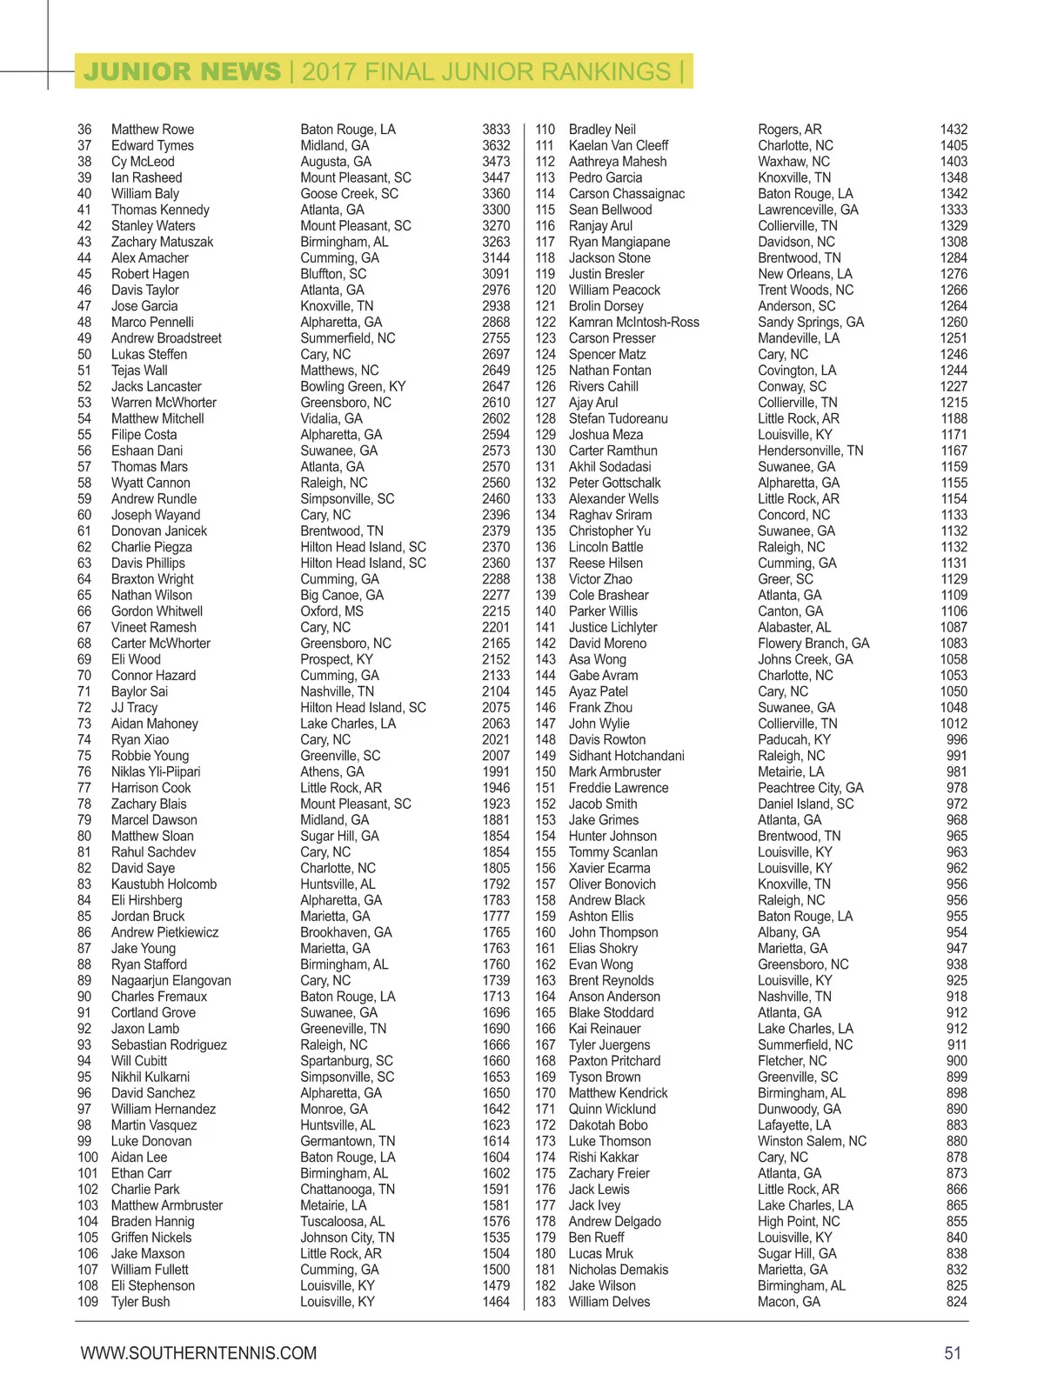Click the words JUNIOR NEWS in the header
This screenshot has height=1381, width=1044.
coord(182,71)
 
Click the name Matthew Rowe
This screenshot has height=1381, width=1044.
coord(152,130)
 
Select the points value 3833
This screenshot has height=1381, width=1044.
coord(496,130)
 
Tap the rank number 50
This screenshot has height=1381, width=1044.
coord(84,354)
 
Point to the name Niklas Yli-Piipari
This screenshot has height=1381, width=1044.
coord(156,771)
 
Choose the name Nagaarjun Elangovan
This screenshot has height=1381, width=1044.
coord(171,980)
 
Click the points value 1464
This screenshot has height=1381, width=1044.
coord(496,1302)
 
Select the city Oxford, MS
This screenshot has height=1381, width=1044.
coord(332,611)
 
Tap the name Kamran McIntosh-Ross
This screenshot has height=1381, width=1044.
coord(634,322)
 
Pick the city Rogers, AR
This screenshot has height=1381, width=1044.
coord(790,130)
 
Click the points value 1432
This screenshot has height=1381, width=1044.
coord(954,130)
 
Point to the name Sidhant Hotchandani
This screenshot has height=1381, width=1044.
coord(626,756)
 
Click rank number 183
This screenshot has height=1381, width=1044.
coord(545,1302)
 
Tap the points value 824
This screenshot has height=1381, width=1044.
coord(957,1302)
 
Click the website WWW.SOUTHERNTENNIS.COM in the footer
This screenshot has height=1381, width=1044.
coord(198,1353)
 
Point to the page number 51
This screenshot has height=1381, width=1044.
coord(953,1353)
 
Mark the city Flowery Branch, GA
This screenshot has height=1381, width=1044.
coord(813,644)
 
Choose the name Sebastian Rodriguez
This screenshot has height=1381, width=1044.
coord(169,1044)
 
